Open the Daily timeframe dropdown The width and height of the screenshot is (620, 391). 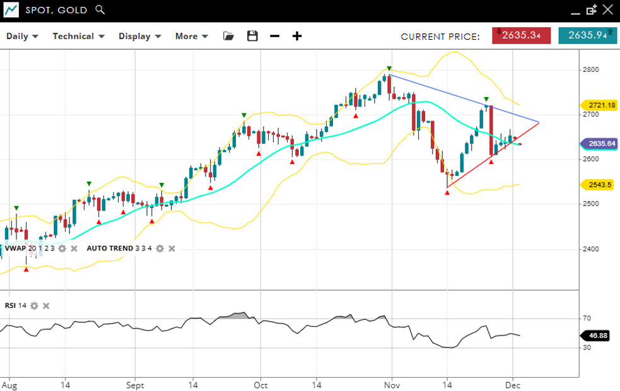[x=22, y=36]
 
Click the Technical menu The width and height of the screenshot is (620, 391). [x=78, y=36]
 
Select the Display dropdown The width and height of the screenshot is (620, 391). [x=139, y=36]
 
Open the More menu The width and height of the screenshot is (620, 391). [x=192, y=36]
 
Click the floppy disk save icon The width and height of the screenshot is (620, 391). [x=252, y=36]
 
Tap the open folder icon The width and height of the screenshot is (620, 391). [x=228, y=36]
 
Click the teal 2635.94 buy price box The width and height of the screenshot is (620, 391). [x=587, y=35]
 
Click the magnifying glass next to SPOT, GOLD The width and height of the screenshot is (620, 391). [x=100, y=10]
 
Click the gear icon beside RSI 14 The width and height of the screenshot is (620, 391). [x=34, y=306]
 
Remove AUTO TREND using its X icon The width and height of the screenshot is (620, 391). [x=172, y=248]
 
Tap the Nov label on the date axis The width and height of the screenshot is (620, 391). [x=392, y=384]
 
